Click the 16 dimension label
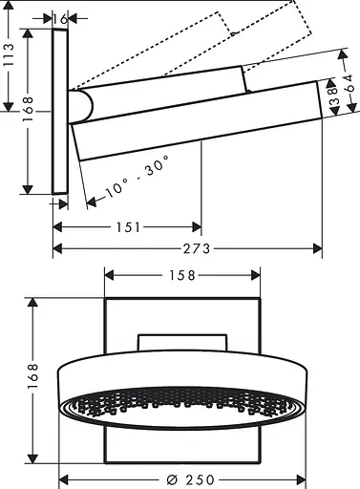pos(61,17)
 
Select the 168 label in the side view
pos(29,111)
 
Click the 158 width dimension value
pos(181,275)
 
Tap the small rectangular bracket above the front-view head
pos(181,344)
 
